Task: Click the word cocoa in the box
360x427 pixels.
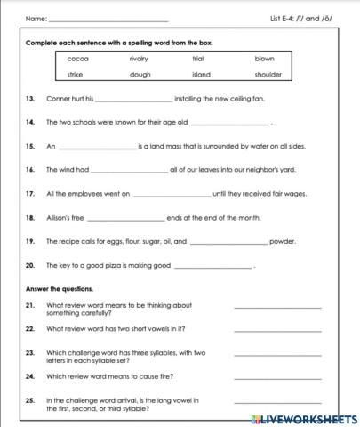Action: pyautogui.click(x=77, y=59)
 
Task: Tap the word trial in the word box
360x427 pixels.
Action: pyautogui.click(x=198, y=59)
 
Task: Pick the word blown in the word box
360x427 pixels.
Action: pyautogui.click(x=264, y=59)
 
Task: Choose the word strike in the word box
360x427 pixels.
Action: pyautogui.click(x=76, y=75)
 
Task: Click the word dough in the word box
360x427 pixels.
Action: pyautogui.click(x=140, y=75)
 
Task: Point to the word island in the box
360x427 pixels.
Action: pyautogui.click(x=201, y=75)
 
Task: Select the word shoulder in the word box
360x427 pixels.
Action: pyautogui.click(x=268, y=75)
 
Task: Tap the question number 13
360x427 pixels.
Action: pyautogui.click(x=30, y=99)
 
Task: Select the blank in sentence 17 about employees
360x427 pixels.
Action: pyautogui.click(x=172, y=193)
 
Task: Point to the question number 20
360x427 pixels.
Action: pyautogui.click(x=30, y=265)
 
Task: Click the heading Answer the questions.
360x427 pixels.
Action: pyautogui.click(x=60, y=288)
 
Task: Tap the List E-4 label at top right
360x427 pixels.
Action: pyautogui.click(x=293, y=18)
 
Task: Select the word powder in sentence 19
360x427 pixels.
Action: pyautogui.click(x=283, y=240)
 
